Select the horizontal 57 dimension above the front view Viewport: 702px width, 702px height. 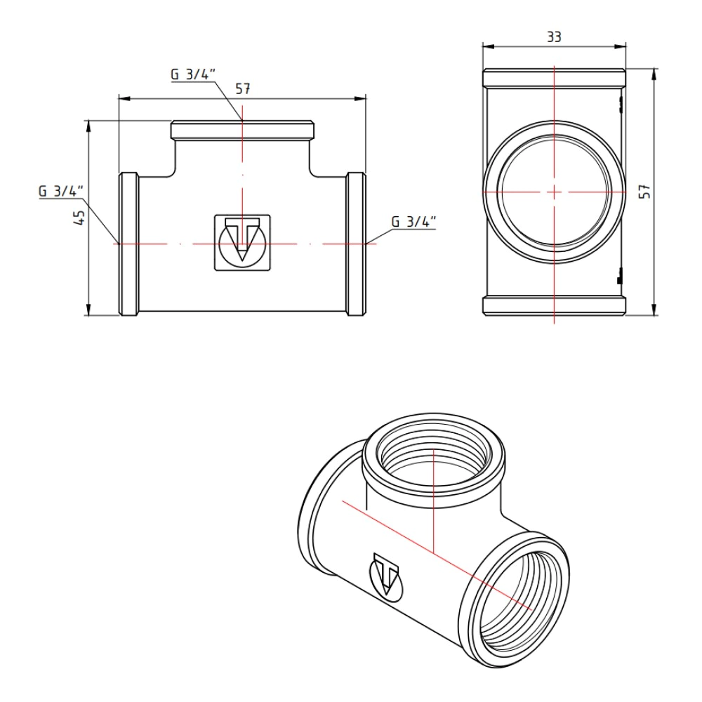coord(243,89)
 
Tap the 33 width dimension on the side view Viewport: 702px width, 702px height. coord(555,37)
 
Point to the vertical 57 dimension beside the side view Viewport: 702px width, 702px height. coord(645,191)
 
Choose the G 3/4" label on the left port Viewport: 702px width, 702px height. coord(61,191)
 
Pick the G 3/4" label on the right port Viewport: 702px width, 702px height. coord(413,222)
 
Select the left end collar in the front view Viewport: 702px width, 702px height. coord(128,244)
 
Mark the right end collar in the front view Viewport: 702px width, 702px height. coord(357,244)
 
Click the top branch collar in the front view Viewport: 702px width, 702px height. coord(243,130)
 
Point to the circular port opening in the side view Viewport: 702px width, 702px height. coord(555,191)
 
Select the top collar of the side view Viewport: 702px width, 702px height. coord(555,77)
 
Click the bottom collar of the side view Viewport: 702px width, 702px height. coord(555,305)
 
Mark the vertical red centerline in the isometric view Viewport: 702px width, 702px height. coord(435,498)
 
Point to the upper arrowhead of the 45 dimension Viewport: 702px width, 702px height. coord(88,126)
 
